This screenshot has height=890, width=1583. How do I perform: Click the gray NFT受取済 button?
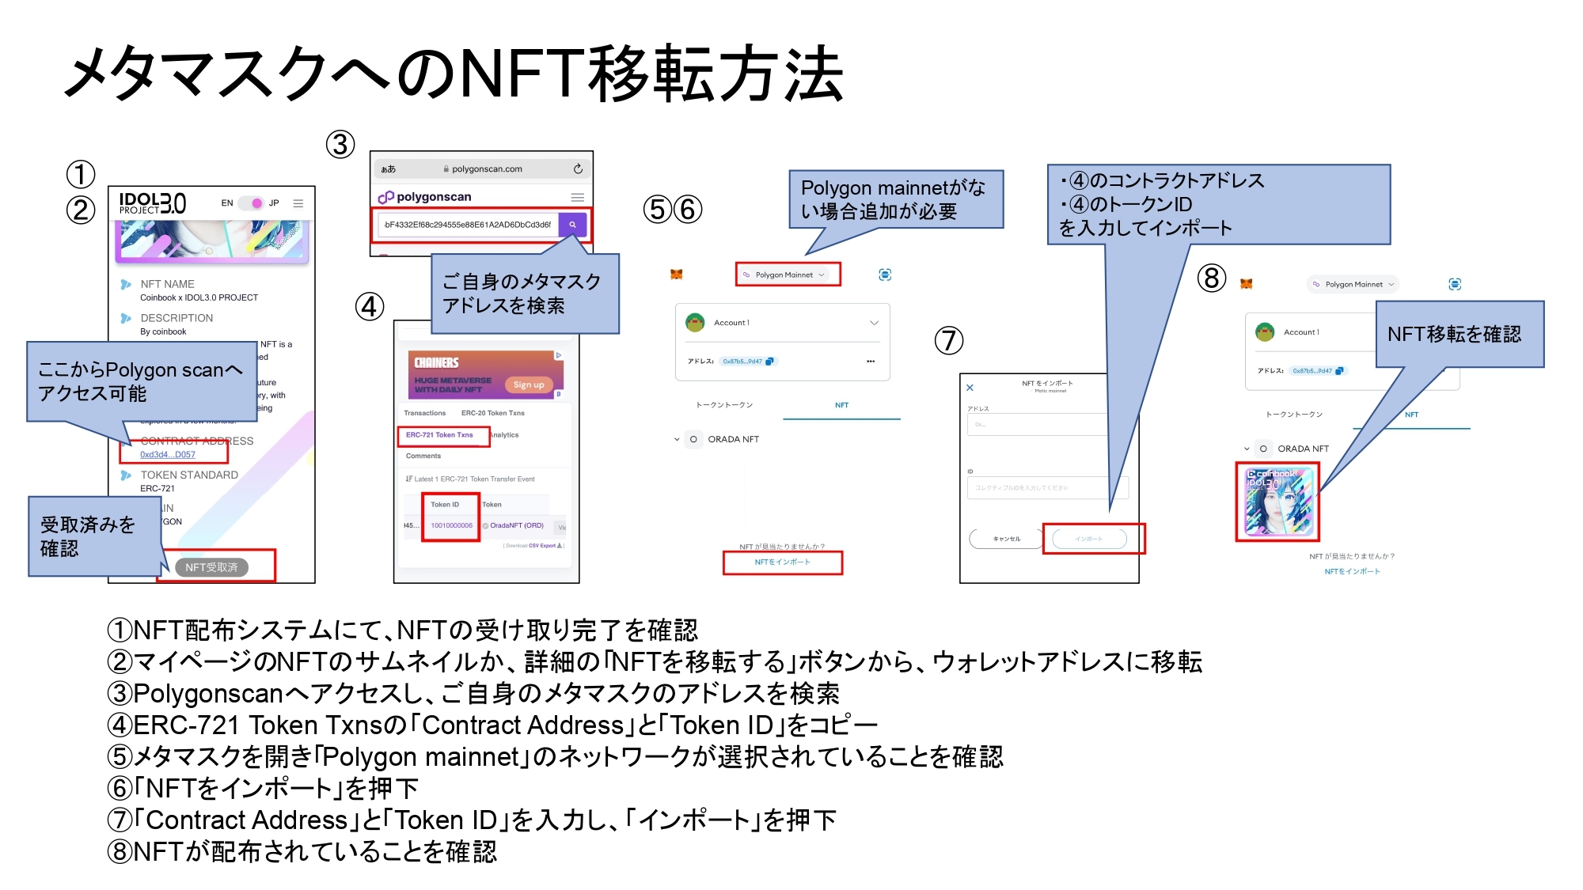point(211,567)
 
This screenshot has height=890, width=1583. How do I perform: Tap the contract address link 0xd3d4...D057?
point(168,454)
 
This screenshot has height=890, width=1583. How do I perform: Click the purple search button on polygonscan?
point(572,225)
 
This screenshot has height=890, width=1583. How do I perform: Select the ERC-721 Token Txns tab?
point(439,435)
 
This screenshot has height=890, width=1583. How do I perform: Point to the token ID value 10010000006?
point(451,525)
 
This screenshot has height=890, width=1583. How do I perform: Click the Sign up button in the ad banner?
point(529,385)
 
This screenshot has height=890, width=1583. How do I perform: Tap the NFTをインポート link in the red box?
point(782,562)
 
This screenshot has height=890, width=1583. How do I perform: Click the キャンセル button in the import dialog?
point(1007,539)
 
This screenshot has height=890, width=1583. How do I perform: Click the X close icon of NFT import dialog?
point(970,388)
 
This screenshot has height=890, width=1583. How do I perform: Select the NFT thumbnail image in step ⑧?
point(1277,502)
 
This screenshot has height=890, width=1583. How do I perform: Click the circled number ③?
point(340,145)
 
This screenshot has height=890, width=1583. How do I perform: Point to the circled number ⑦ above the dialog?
point(949,341)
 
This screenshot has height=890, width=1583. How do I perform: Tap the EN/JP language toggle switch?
point(251,203)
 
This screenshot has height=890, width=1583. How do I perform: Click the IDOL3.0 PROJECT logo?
point(153,203)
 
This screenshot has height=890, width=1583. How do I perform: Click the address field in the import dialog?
point(1037,425)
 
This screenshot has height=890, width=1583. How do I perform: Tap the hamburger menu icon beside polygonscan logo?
point(578,197)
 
